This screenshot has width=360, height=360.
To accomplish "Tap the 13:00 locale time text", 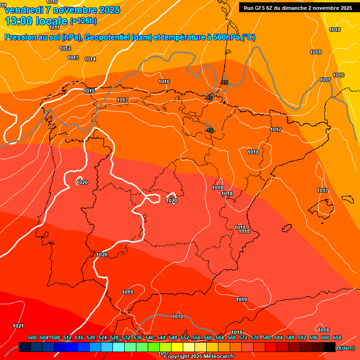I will [x=36, y=21].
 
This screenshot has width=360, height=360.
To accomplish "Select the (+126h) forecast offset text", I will [x=83, y=21].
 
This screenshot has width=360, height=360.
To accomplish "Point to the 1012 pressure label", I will [x=65, y=49].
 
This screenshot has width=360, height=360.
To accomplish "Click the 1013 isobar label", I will [x=73, y=58].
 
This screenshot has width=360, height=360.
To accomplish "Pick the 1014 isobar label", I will [x=90, y=60].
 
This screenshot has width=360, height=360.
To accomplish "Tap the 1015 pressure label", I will [x=89, y=91].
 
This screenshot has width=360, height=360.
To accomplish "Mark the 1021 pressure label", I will [x=18, y=326].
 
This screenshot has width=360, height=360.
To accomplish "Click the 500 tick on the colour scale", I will [x=32, y=338].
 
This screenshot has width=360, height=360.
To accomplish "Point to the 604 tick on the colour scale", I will [x=337, y=338].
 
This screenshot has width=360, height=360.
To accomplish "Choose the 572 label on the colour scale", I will [x=243, y=338].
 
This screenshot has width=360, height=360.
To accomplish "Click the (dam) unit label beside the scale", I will [x=347, y=348].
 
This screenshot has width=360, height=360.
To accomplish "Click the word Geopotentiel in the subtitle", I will [x=106, y=37].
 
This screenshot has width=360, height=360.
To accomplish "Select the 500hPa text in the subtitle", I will [x=225, y=37].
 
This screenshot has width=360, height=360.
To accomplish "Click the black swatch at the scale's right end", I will [x=330, y=347].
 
